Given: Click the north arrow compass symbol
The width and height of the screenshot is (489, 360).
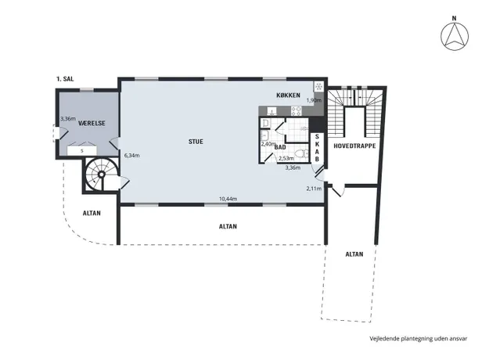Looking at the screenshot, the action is point(455,36).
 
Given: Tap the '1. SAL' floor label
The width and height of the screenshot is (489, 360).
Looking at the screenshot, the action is point(65,79).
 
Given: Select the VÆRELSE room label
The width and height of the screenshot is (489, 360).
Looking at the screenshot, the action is point(92,123).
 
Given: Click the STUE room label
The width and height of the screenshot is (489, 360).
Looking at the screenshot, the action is point(196,142).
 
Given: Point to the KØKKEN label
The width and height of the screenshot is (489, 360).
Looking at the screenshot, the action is point(289,95).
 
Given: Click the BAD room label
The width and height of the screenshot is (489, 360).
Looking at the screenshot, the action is point(280,147).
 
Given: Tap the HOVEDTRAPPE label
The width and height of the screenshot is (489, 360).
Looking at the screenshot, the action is point(354,146).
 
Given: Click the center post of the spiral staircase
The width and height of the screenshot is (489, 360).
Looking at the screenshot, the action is point(102,175).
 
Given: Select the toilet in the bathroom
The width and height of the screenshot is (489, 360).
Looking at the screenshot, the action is point(301,153).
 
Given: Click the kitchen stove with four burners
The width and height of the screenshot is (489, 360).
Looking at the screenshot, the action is point(297,111).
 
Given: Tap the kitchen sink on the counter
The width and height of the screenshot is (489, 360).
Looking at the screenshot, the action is point(272,111).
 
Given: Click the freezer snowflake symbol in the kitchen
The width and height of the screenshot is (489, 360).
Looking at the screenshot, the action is point(318,86).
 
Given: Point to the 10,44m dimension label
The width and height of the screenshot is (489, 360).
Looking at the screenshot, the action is point(228,199).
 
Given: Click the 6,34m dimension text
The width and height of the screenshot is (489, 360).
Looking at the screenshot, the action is point(132,156).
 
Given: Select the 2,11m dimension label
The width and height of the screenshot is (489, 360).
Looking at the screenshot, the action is point(314,189).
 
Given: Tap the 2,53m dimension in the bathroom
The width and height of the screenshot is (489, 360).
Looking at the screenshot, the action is point(286,158).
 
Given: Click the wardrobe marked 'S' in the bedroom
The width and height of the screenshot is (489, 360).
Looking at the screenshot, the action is point(82,151).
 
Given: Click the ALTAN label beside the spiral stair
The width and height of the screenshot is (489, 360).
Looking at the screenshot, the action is point(92,214).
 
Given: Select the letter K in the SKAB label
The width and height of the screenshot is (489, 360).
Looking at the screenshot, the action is point(317,144).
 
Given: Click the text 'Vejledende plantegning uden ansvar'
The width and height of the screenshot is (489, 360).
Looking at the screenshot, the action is point(419,338).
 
